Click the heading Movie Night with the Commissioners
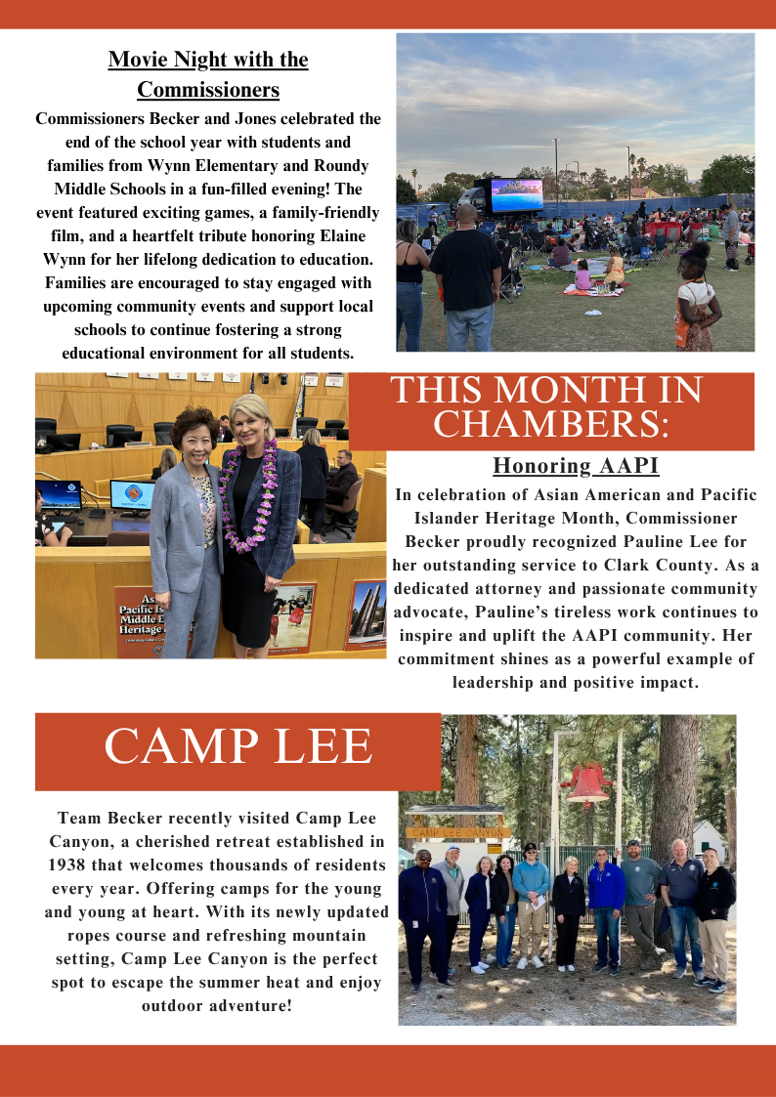pos(208,74)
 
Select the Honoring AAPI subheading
pos(576,465)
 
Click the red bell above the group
pos(586,781)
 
